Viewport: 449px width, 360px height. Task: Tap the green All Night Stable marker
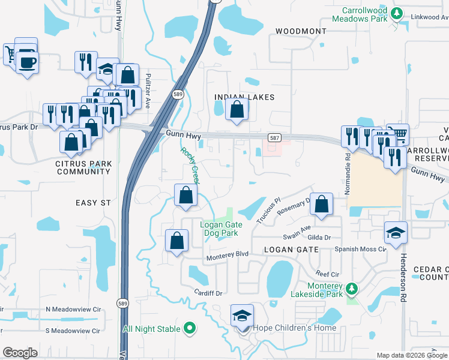(x=190, y=328)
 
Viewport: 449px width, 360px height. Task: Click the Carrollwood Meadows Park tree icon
(x=396, y=14)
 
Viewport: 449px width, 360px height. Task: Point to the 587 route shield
(x=273, y=138)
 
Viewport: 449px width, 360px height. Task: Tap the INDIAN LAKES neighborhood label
(x=244, y=97)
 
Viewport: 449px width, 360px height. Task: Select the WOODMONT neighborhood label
(x=301, y=31)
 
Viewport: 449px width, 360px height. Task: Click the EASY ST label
(x=94, y=203)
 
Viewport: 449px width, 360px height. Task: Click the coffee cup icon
(x=27, y=61)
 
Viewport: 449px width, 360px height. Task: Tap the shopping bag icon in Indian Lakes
(x=237, y=110)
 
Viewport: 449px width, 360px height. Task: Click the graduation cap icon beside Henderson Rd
(x=396, y=233)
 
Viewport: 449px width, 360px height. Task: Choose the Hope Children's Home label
(x=294, y=328)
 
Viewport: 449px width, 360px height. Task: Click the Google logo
(x=20, y=353)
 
